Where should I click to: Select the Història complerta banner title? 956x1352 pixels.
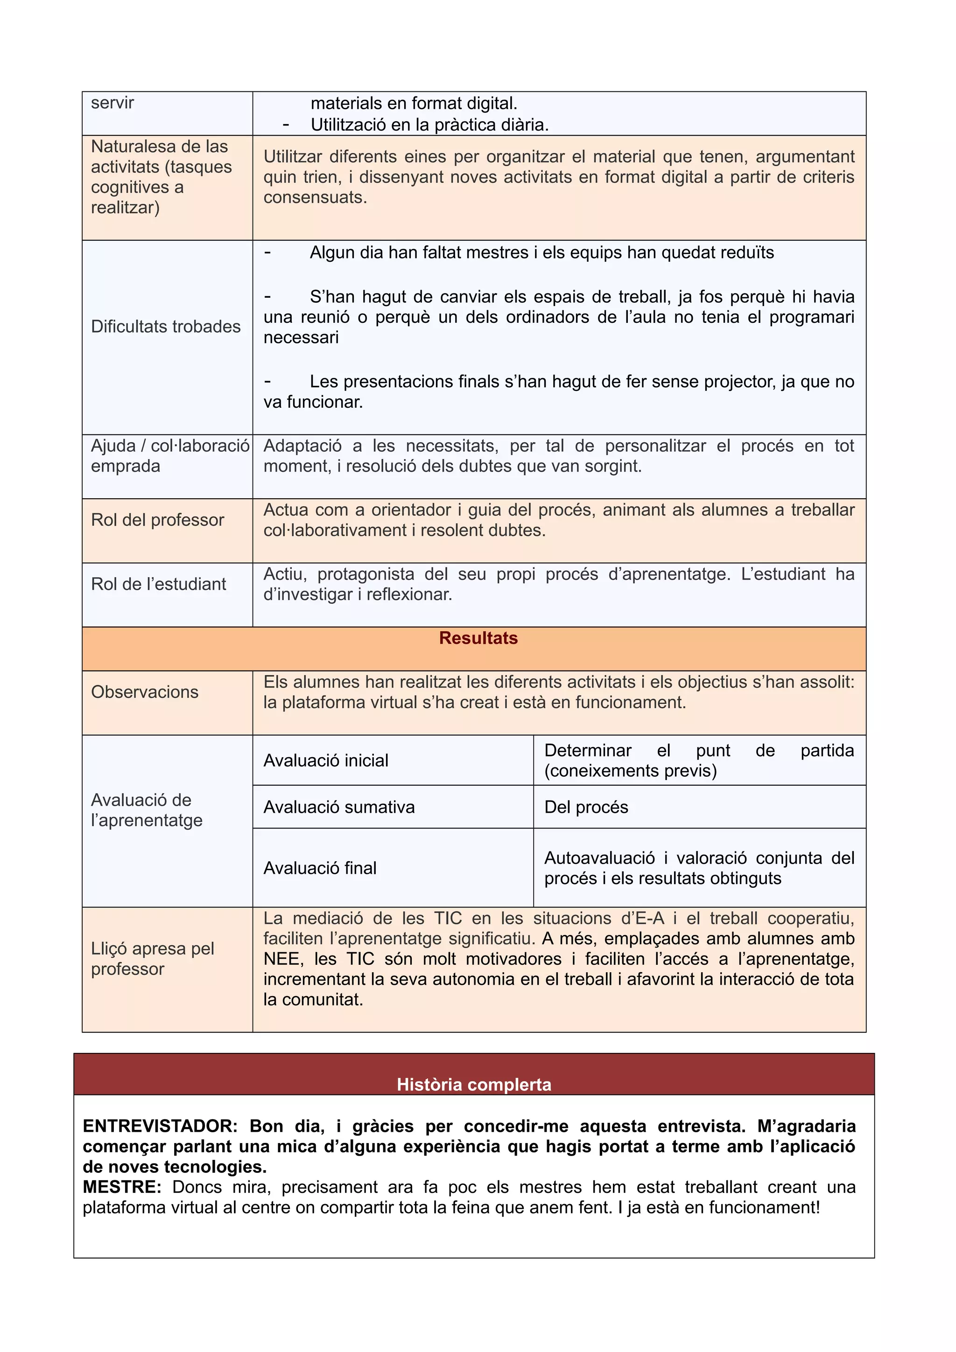click(x=474, y=1084)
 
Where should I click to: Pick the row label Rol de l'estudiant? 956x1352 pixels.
click(x=158, y=584)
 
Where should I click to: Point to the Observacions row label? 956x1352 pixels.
click(x=144, y=691)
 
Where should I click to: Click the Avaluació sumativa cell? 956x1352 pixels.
click(x=339, y=807)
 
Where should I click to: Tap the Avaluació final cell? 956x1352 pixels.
click(x=320, y=867)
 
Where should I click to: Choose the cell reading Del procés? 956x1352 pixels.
click(x=586, y=807)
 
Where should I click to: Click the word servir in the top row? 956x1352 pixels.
click(x=112, y=103)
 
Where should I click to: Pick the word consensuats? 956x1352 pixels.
click(x=315, y=197)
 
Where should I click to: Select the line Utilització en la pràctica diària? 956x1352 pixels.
click(x=429, y=125)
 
